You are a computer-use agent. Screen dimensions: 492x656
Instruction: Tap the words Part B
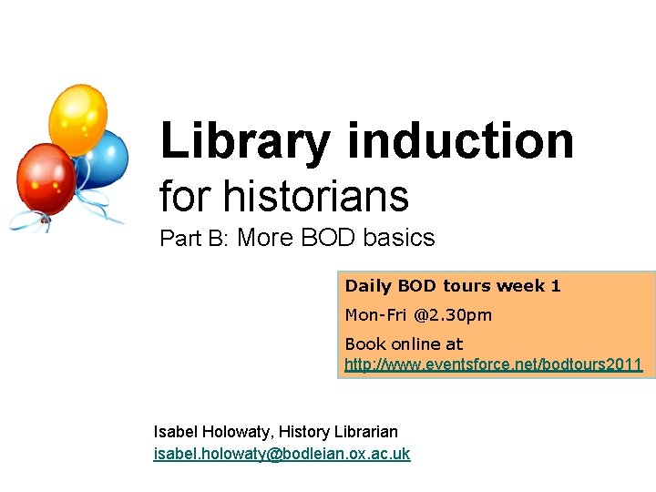coord(192,239)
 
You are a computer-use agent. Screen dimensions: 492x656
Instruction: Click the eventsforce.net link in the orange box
coord(493,365)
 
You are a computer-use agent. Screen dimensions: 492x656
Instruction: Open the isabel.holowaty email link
coord(282,454)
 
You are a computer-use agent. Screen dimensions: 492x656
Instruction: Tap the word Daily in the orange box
coord(368,286)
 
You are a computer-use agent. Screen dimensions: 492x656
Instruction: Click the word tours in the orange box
coord(467,286)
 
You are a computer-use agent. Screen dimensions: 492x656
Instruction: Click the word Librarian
coord(364,431)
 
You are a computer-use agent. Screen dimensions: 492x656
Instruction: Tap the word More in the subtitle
coord(266,239)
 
